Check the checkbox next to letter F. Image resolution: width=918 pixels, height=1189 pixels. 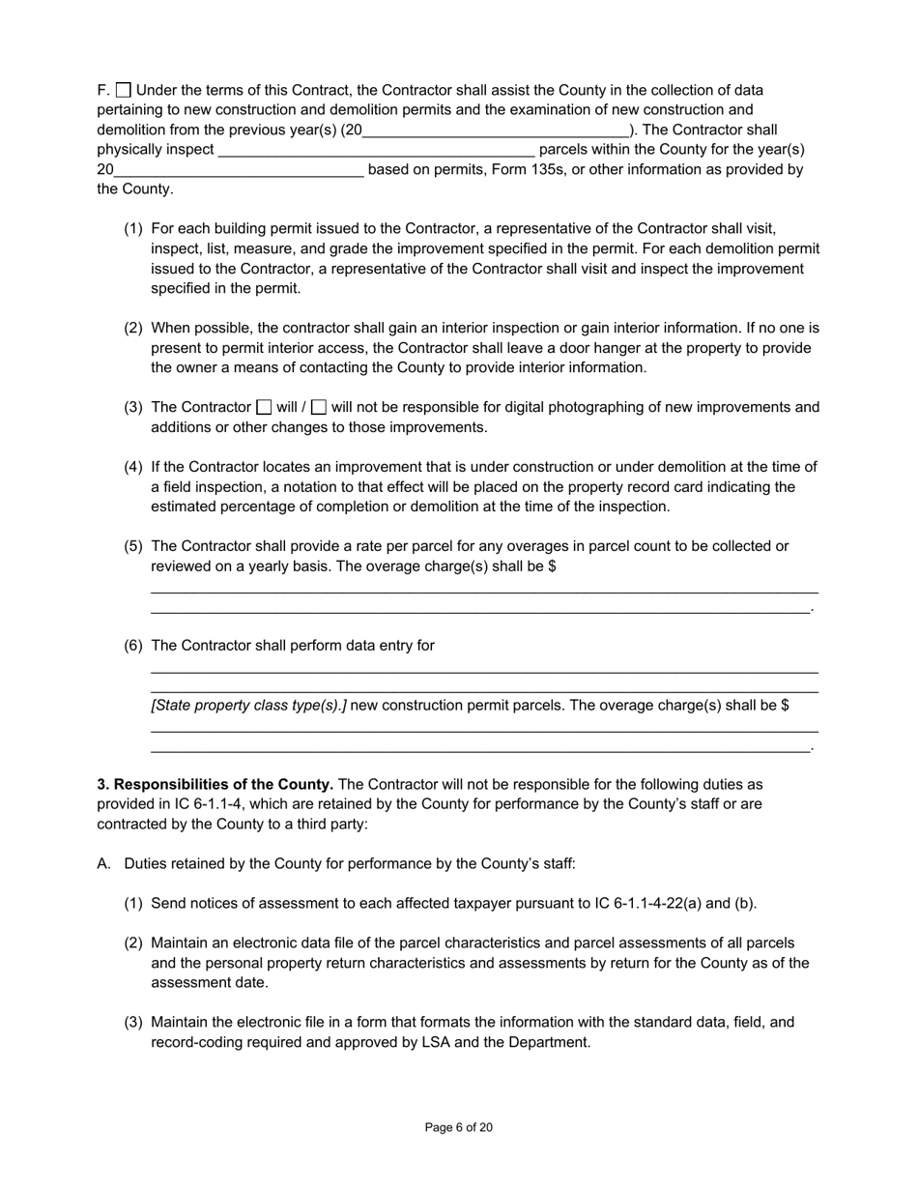[x=124, y=90]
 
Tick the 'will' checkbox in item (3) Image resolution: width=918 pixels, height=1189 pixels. [x=264, y=407]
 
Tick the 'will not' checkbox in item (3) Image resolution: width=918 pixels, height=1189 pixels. [x=319, y=407]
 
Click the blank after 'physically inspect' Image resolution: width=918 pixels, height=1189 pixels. [x=376, y=150]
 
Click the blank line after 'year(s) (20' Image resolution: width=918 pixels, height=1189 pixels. [x=495, y=130]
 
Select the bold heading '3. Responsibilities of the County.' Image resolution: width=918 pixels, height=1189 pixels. [x=215, y=784]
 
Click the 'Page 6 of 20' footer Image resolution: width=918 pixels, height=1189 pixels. [x=459, y=1127]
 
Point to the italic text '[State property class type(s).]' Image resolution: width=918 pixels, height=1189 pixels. [x=248, y=706]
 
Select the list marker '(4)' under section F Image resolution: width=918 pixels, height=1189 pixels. [x=133, y=467]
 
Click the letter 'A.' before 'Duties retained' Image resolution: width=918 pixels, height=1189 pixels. [x=104, y=864]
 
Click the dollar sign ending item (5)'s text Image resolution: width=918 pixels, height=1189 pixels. [x=552, y=566]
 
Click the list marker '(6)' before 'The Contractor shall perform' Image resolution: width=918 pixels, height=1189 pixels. [x=133, y=646]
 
